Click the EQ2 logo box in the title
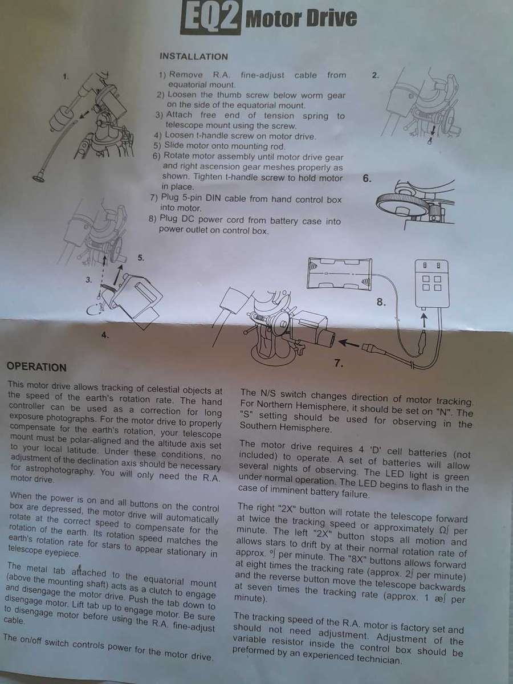pyautogui.click(x=210, y=17)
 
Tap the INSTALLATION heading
pyautogui.click(x=194, y=56)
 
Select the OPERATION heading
pyautogui.click(x=36, y=367)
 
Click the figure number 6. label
pyautogui.click(x=367, y=178)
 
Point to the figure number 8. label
pyautogui.click(x=381, y=302)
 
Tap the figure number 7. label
pyautogui.click(x=339, y=363)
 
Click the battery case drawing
pyautogui.click(x=340, y=274)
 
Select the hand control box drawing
pyautogui.click(x=431, y=283)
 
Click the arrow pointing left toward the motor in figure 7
pyautogui.click(x=349, y=344)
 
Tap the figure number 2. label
pyautogui.click(x=375, y=75)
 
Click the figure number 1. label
pyautogui.click(x=66, y=76)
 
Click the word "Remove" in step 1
pyautogui.click(x=186, y=75)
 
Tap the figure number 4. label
pyautogui.click(x=105, y=335)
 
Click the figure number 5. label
pyautogui.click(x=141, y=258)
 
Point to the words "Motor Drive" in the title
pyautogui.click(x=301, y=18)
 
